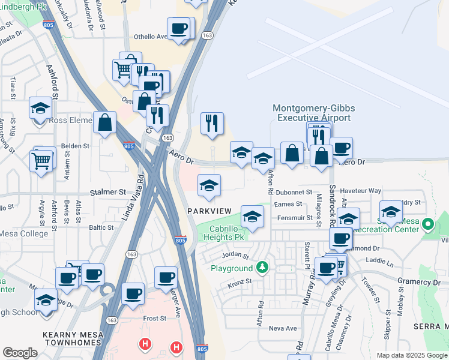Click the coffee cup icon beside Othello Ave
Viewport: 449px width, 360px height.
(179, 29)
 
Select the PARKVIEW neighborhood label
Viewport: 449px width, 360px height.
(209, 211)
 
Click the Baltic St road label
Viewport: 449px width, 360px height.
(101, 227)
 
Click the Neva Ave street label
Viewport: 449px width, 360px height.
(283, 328)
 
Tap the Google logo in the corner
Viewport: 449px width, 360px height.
(20, 352)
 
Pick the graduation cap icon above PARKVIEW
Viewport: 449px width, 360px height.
(209, 185)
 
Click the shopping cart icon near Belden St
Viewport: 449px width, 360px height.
(41, 160)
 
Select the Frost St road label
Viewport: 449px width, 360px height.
(154, 319)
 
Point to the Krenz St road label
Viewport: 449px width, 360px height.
(238, 281)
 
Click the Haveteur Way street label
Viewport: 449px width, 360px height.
(361, 191)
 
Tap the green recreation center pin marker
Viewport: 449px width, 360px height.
(427, 225)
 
